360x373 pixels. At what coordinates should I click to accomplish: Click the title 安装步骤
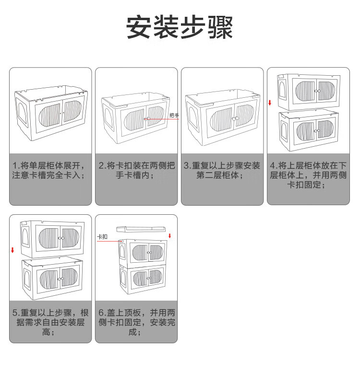(180, 27)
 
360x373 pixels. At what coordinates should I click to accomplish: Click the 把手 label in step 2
(174, 116)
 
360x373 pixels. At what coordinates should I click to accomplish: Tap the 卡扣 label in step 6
(102, 237)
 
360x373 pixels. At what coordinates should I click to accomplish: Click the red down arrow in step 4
(270, 103)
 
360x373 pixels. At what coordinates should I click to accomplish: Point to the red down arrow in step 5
(12, 250)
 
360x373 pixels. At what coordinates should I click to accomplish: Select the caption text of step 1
(50, 171)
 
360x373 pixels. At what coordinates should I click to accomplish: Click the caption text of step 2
(136, 171)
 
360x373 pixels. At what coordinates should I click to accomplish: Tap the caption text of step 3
(222, 171)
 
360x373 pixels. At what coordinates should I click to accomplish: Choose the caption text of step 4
(308, 175)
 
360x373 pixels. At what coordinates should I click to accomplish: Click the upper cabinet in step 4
(310, 90)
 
